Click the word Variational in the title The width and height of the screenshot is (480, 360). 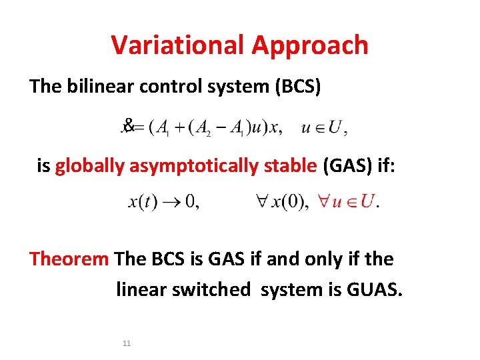click(178, 45)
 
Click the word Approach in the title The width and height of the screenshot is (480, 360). click(310, 46)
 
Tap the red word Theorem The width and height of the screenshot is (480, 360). click(69, 259)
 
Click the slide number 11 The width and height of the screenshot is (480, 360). click(127, 343)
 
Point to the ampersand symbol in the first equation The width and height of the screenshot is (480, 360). click(129, 125)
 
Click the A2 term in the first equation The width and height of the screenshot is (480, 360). click(202, 128)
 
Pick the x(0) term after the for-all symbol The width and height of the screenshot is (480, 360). click(289, 201)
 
